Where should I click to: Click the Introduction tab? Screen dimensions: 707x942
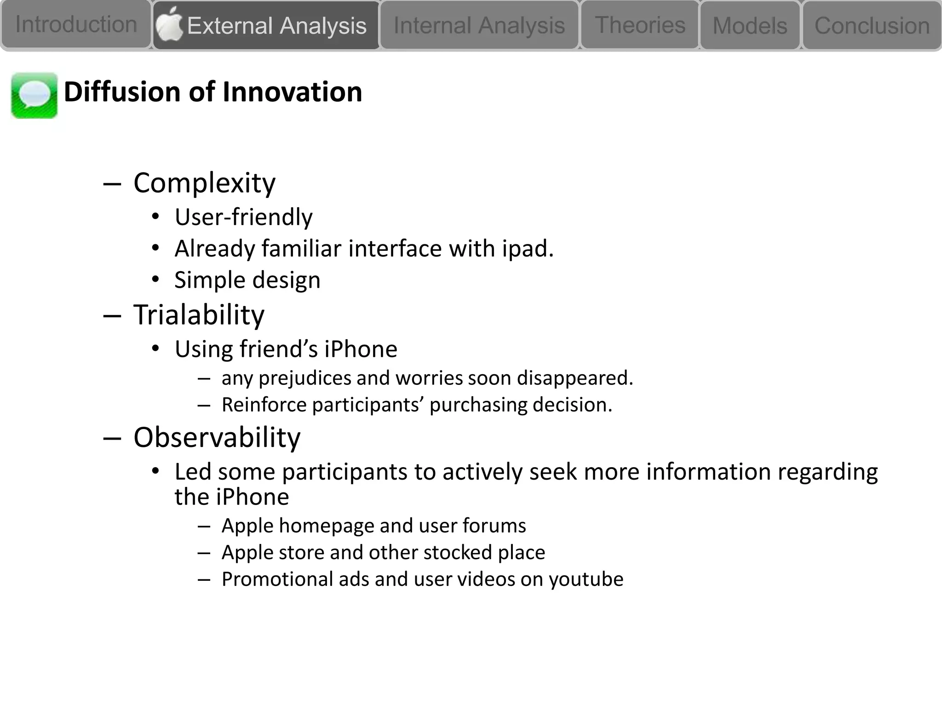click(x=76, y=24)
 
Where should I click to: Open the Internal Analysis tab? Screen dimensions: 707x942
click(x=479, y=25)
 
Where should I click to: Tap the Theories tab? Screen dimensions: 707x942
click(x=640, y=25)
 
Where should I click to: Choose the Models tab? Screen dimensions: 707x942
click(x=750, y=26)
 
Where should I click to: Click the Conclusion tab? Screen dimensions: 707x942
click(x=872, y=26)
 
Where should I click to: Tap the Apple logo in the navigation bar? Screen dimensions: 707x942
click(x=169, y=24)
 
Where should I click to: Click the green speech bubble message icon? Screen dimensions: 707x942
click(x=34, y=95)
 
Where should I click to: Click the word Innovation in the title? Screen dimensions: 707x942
click(x=292, y=92)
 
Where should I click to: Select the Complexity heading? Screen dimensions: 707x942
click(x=204, y=183)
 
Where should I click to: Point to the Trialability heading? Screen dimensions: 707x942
click(x=199, y=315)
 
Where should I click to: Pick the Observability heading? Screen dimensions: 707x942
click(x=217, y=437)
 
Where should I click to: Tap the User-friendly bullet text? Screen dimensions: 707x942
click(x=243, y=217)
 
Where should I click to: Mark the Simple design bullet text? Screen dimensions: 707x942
click(x=247, y=280)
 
